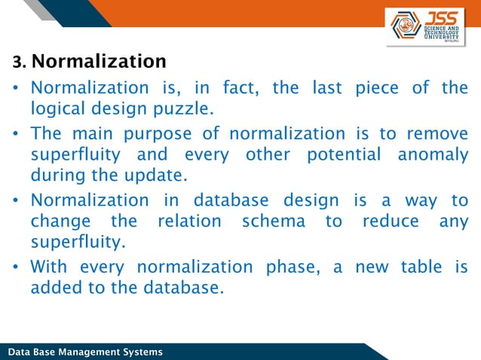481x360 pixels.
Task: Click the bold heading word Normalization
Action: (x=100, y=61)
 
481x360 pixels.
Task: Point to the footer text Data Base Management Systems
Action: (x=84, y=352)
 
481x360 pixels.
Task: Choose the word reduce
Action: (x=392, y=221)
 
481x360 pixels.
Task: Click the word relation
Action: (x=189, y=221)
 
